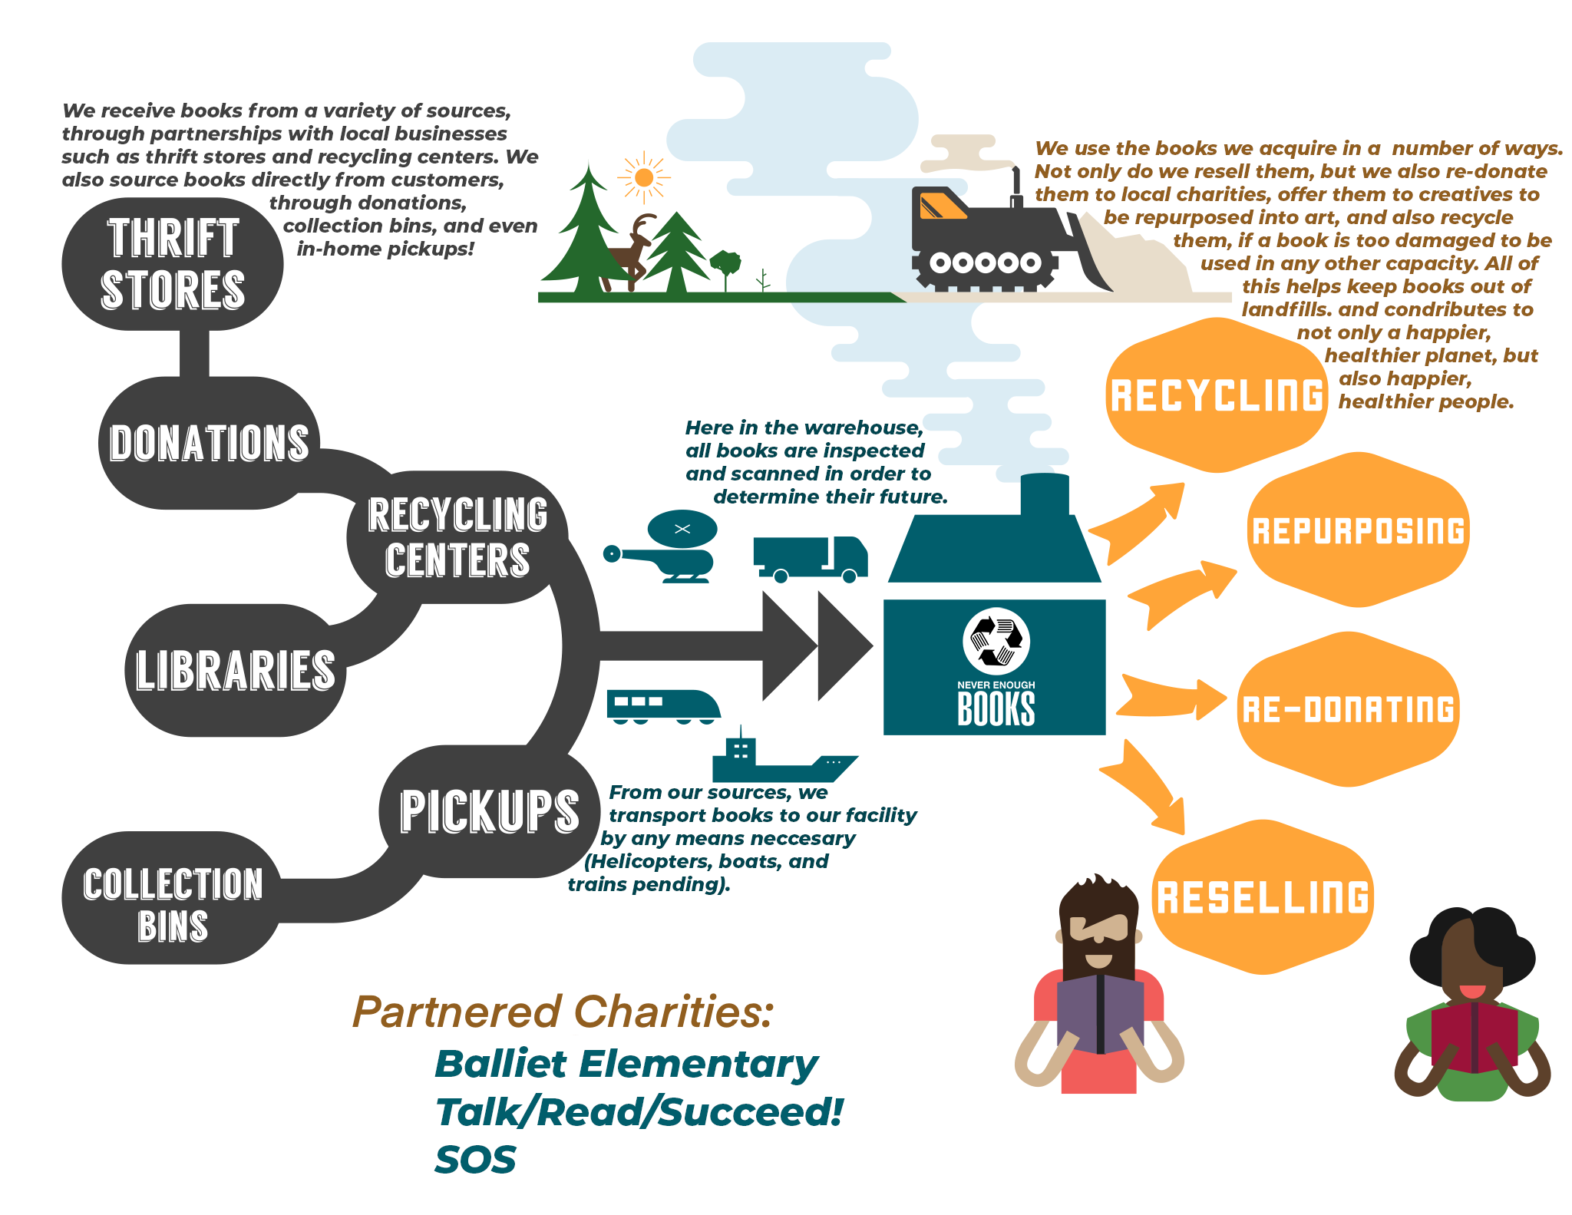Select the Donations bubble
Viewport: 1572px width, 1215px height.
click(209, 443)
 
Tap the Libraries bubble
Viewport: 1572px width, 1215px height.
click(235, 670)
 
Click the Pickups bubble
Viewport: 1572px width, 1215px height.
click(490, 811)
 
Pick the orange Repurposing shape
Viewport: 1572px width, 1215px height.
click(1358, 530)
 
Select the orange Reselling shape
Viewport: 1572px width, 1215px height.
click(1263, 897)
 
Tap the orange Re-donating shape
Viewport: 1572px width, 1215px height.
click(1348, 709)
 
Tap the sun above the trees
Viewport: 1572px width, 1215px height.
click(644, 178)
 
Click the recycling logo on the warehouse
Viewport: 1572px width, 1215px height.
click(996, 642)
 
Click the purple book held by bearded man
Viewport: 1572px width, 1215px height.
click(1100, 1012)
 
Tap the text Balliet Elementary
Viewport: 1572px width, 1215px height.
click(626, 1065)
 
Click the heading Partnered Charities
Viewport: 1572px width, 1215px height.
click(563, 1012)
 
